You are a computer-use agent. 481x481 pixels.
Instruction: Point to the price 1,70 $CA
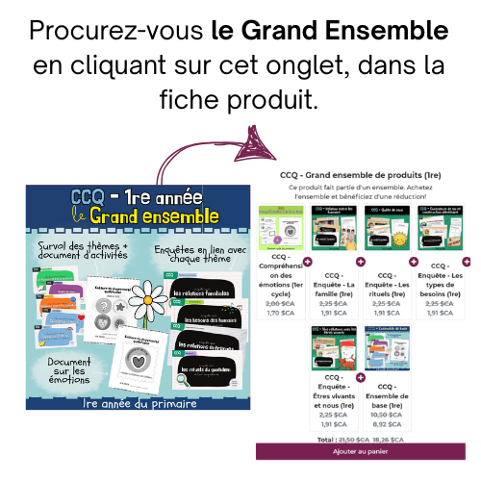[x=281, y=311]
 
